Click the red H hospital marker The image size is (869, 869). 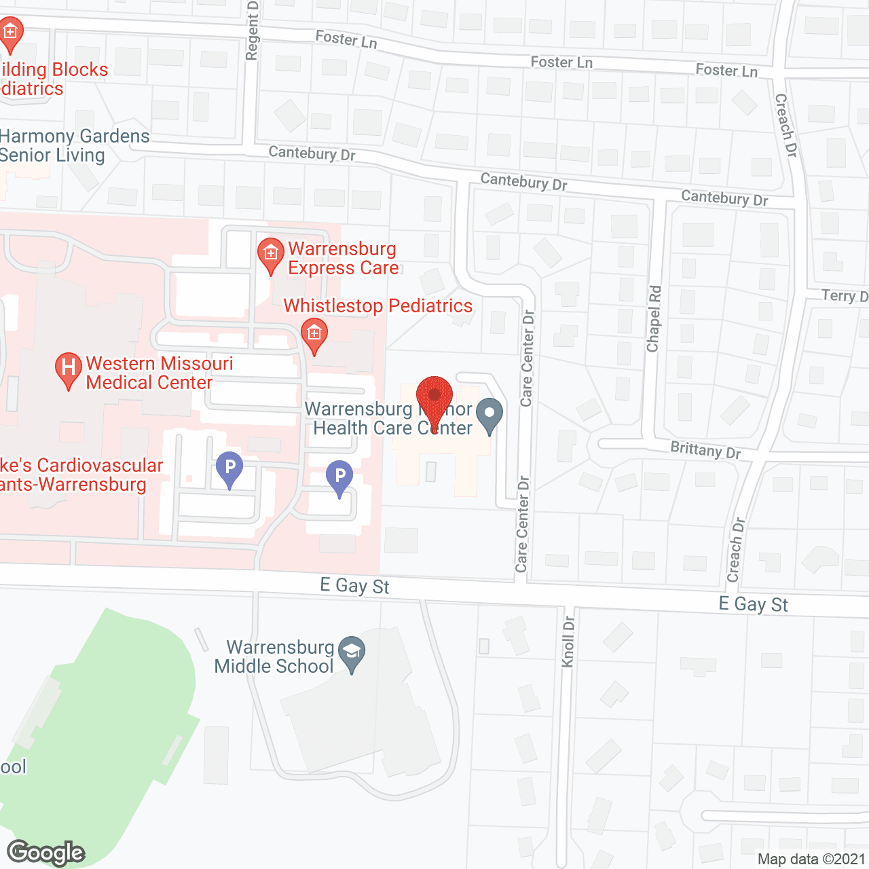[x=68, y=369]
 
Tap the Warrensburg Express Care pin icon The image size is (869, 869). [x=271, y=255]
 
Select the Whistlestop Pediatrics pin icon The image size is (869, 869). [x=314, y=335]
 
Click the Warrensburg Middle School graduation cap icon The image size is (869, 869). [x=351, y=653]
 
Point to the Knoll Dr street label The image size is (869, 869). [x=569, y=642]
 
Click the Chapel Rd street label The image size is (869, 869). [x=654, y=319]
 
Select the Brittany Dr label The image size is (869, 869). [x=705, y=450]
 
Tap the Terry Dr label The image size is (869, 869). [x=845, y=295]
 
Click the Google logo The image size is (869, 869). [x=46, y=853]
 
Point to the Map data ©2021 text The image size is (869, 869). [x=811, y=859]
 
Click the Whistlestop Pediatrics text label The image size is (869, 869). [x=377, y=306]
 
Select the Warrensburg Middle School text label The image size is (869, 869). [x=274, y=657]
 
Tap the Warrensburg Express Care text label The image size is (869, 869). [x=343, y=259]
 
